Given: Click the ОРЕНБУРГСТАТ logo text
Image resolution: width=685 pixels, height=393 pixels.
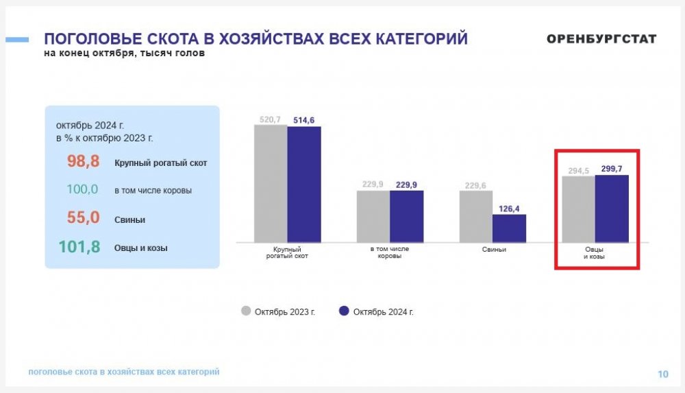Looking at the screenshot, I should coord(601,39).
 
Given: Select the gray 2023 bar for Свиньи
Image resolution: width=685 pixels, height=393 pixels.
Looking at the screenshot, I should coord(476,216).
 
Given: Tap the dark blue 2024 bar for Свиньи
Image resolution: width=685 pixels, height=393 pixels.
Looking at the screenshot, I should coord(510,228).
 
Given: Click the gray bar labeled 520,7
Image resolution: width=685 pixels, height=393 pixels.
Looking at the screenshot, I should coord(271,183).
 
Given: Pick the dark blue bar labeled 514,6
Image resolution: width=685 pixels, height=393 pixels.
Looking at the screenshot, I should coord(304,184).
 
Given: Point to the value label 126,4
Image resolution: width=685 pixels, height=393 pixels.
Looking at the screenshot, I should coord(510,208).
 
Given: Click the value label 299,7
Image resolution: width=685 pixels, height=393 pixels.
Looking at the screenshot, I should coord(612,169).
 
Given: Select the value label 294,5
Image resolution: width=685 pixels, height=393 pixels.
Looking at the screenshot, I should coord(579,171).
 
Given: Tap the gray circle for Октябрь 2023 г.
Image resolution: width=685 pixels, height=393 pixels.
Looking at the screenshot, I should coord(246,311).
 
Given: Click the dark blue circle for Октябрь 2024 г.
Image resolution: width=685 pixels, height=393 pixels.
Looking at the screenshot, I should coord(345,311).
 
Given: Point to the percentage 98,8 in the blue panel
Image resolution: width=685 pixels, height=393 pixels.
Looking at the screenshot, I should coord(84,162).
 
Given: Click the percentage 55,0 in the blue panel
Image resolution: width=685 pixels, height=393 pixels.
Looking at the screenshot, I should coord(84,218).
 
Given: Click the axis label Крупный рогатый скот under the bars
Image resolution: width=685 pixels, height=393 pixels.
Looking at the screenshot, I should coord(287,252).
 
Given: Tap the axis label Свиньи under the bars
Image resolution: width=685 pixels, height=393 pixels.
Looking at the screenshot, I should coord(493,250).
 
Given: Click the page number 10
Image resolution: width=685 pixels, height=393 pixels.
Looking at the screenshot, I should coord(662,374).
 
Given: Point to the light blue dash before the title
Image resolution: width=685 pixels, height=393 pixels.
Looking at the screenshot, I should coord(17,40).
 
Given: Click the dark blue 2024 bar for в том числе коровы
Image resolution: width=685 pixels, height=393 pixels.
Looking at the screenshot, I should coord(406,216).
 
